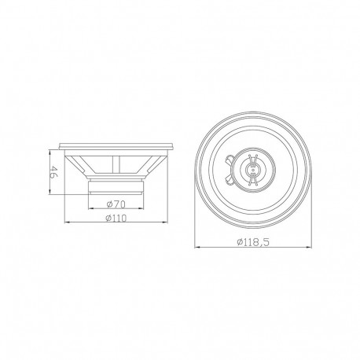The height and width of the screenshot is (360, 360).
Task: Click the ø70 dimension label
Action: (116, 203)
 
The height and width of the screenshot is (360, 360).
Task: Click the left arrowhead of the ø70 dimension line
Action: (90, 209)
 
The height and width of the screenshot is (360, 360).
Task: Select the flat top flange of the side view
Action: (116, 147)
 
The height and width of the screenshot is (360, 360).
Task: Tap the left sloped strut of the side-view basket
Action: (82, 167)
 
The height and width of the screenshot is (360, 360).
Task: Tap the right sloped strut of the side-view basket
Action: (150, 167)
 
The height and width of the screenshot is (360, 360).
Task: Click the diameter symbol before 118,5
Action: (238, 242)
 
